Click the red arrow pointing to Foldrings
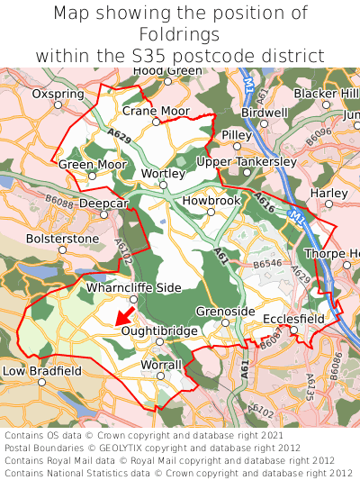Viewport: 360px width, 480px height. [x=125, y=314]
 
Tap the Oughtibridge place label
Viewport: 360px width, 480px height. [x=160, y=331]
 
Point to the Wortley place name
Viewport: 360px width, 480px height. [x=163, y=173]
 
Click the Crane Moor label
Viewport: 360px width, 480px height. [x=156, y=111]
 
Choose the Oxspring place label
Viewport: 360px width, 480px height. [x=57, y=93]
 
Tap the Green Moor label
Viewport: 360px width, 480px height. [x=93, y=165]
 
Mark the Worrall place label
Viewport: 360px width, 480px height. [x=162, y=364]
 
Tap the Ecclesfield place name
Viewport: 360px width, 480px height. [x=293, y=319]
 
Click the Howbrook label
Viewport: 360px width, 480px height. [x=211, y=201]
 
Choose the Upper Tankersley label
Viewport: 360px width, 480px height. [x=245, y=161]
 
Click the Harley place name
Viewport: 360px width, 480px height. [x=328, y=193]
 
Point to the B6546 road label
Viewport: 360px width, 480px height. [x=268, y=265]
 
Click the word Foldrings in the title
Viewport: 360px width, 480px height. [x=180, y=34]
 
